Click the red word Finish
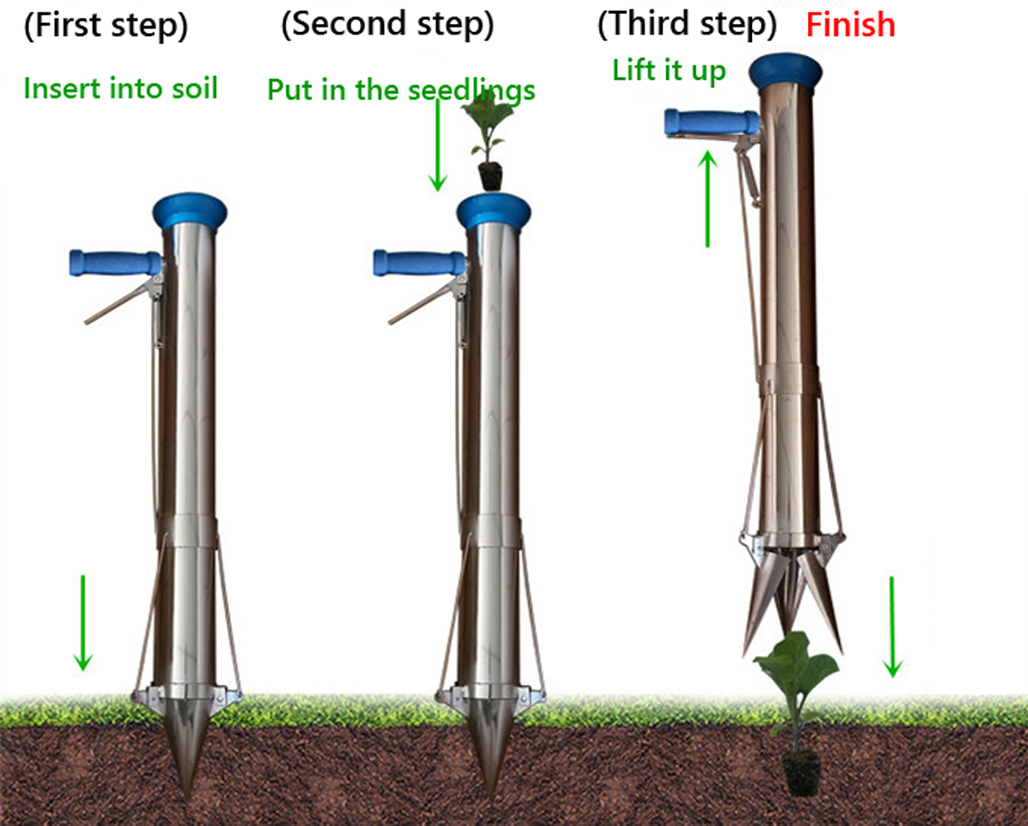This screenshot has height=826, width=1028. coord(850,25)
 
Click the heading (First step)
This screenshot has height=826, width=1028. coord(106,26)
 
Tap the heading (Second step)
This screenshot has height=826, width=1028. coord(387,24)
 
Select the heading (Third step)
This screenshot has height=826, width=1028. coord(687,24)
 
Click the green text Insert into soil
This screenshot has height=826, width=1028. coord(121,88)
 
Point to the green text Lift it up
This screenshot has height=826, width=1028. coord(669,71)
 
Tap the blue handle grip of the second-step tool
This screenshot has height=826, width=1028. coord(418,263)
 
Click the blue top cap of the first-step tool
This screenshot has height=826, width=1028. coord(190,210)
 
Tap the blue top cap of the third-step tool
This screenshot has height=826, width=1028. coord(785,71)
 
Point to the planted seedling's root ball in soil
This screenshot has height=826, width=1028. coord(801,771)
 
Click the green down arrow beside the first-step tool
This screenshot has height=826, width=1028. coord(83,623)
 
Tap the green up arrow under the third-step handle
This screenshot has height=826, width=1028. coord(707,199)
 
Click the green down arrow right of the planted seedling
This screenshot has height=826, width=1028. coord(892,626)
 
